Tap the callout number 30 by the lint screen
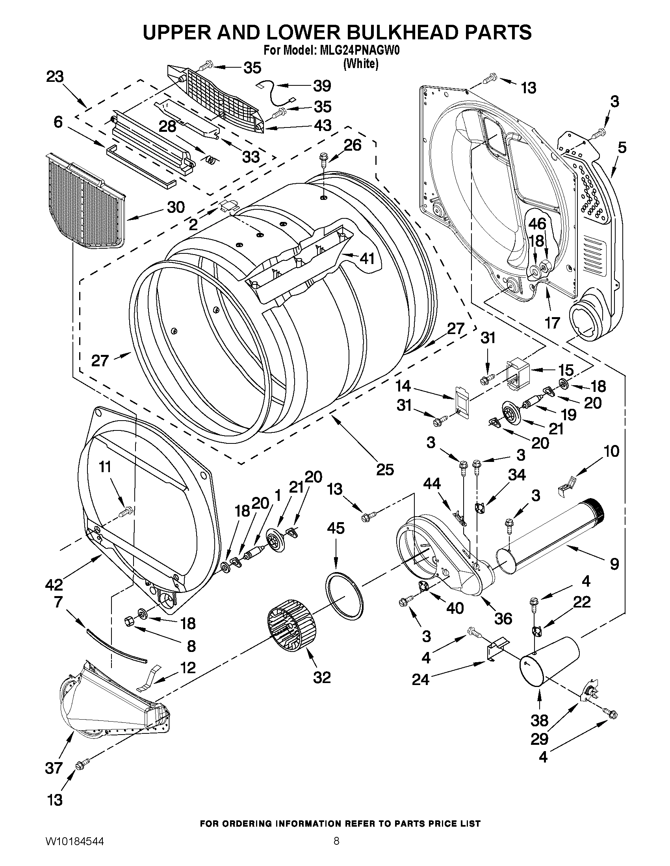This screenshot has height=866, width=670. tap(176, 207)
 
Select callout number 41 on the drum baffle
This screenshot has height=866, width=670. tap(367, 259)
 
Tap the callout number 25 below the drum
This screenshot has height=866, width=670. tap(384, 469)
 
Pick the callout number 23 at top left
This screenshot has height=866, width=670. tap(55, 77)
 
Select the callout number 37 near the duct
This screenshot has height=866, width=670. tap(54, 768)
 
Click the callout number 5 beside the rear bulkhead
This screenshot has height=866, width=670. tap(622, 148)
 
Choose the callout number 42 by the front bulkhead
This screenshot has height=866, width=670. tap(54, 584)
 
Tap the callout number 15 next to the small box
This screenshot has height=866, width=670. tap(566, 370)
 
